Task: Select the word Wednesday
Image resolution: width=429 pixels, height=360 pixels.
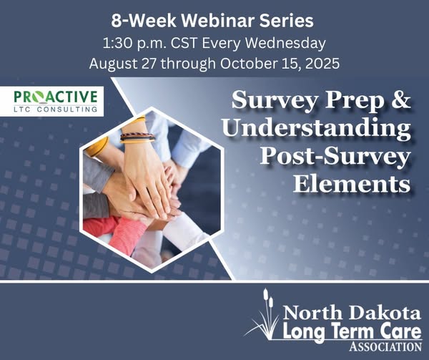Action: pyautogui.click(x=285, y=44)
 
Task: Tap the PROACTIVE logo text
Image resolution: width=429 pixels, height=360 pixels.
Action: pyautogui.click(x=56, y=97)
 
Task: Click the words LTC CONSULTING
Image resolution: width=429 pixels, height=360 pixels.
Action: pyautogui.click(x=56, y=110)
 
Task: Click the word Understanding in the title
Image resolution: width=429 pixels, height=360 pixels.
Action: pyautogui.click(x=316, y=129)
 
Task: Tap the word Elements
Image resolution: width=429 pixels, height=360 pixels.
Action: pyautogui.click(x=352, y=183)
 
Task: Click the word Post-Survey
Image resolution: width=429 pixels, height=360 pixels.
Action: pyautogui.click(x=335, y=156)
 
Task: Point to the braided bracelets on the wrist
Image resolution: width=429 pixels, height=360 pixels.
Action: pyautogui.click(x=137, y=137)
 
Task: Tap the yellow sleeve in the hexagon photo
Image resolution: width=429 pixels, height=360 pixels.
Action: pyautogui.click(x=97, y=147)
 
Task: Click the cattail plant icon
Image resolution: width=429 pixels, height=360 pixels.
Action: pyautogui.click(x=263, y=315)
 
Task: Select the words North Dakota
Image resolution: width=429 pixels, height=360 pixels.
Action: pyautogui.click(x=352, y=313)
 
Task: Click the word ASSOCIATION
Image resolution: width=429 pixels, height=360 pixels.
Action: pyautogui.click(x=385, y=346)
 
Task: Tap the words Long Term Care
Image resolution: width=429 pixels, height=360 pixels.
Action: pyautogui.click(x=352, y=331)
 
